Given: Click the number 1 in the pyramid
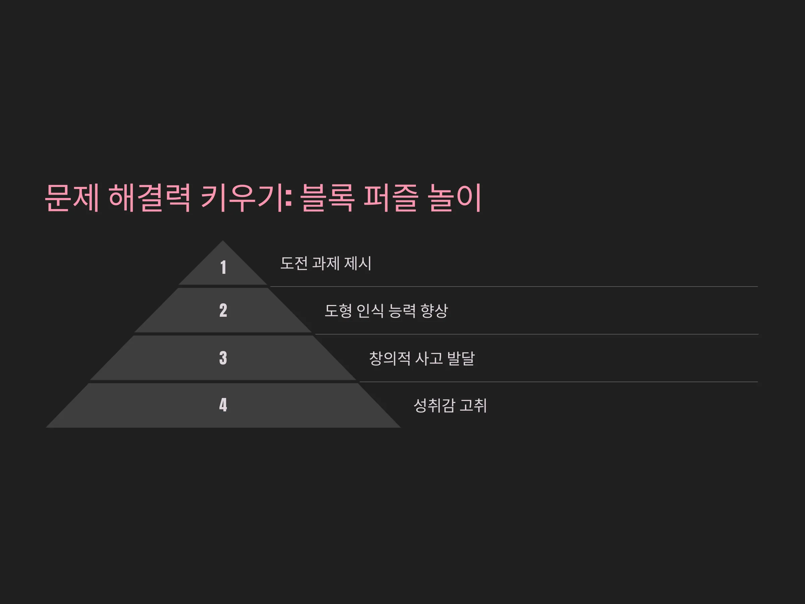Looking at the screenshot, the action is pos(223,267).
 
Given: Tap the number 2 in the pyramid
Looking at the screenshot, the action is pos(223,310).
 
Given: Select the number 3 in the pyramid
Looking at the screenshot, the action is pos(223,358).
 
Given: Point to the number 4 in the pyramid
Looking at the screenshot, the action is pos(223,405).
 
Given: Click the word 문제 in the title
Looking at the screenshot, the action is pos(72,198).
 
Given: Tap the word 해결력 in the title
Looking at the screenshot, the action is pos(150,198).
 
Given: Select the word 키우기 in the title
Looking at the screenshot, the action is pos(242,198).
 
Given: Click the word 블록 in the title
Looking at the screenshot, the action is pos(327,198).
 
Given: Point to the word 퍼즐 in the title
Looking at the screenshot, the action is pos(391,198).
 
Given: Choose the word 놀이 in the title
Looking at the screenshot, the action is pos(455,198).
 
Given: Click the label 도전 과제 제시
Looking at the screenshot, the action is pos(326,263).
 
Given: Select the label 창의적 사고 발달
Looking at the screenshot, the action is pos(422,358).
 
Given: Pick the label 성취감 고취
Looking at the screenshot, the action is pos(450,406).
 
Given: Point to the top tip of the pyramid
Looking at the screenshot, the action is pos(223,241).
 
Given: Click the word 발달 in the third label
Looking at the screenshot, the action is pos(461,358).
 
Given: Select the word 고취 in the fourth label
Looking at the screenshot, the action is pos(473,406).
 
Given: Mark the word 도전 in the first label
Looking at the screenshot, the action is pos(294,263).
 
